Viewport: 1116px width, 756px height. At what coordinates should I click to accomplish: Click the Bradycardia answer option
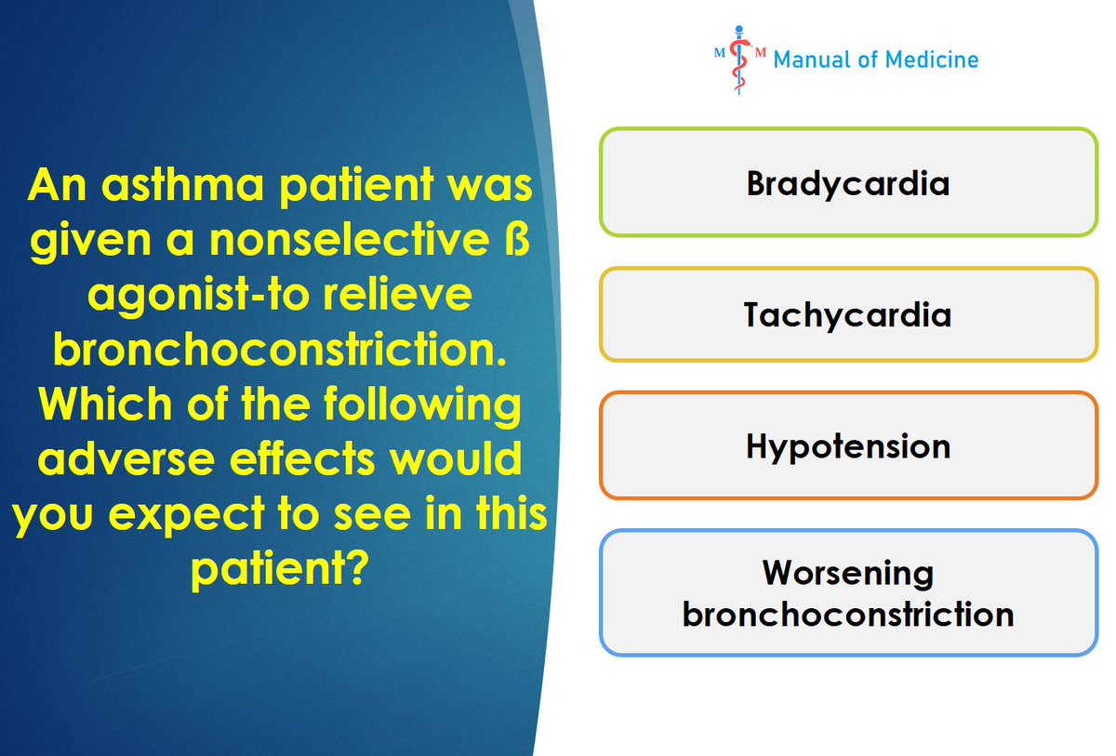click(x=848, y=181)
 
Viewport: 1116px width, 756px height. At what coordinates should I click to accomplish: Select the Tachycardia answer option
click(x=848, y=314)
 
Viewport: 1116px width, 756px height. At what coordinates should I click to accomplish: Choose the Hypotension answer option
click(x=848, y=445)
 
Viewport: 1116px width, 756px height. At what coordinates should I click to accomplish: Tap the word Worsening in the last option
click(x=848, y=573)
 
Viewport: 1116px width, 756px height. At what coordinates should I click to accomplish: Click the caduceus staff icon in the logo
click(x=738, y=60)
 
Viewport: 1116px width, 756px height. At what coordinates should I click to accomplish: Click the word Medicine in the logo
click(x=932, y=60)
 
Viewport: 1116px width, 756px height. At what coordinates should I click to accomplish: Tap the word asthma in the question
click(x=182, y=184)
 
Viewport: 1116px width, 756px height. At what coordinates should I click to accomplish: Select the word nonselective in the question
click(x=350, y=240)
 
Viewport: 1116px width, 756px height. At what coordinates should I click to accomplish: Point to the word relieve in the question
click(x=397, y=294)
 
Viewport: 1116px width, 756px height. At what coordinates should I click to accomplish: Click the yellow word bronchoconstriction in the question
click(x=280, y=349)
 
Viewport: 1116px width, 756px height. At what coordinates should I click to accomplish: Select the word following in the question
click(x=422, y=405)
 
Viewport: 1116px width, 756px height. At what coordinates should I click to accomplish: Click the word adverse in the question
click(x=126, y=458)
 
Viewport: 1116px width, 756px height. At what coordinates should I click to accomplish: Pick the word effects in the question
click(x=301, y=458)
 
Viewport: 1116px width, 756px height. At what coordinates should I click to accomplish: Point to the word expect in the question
click(x=186, y=515)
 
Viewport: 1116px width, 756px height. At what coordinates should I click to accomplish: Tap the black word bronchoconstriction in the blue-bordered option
click(x=848, y=614)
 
